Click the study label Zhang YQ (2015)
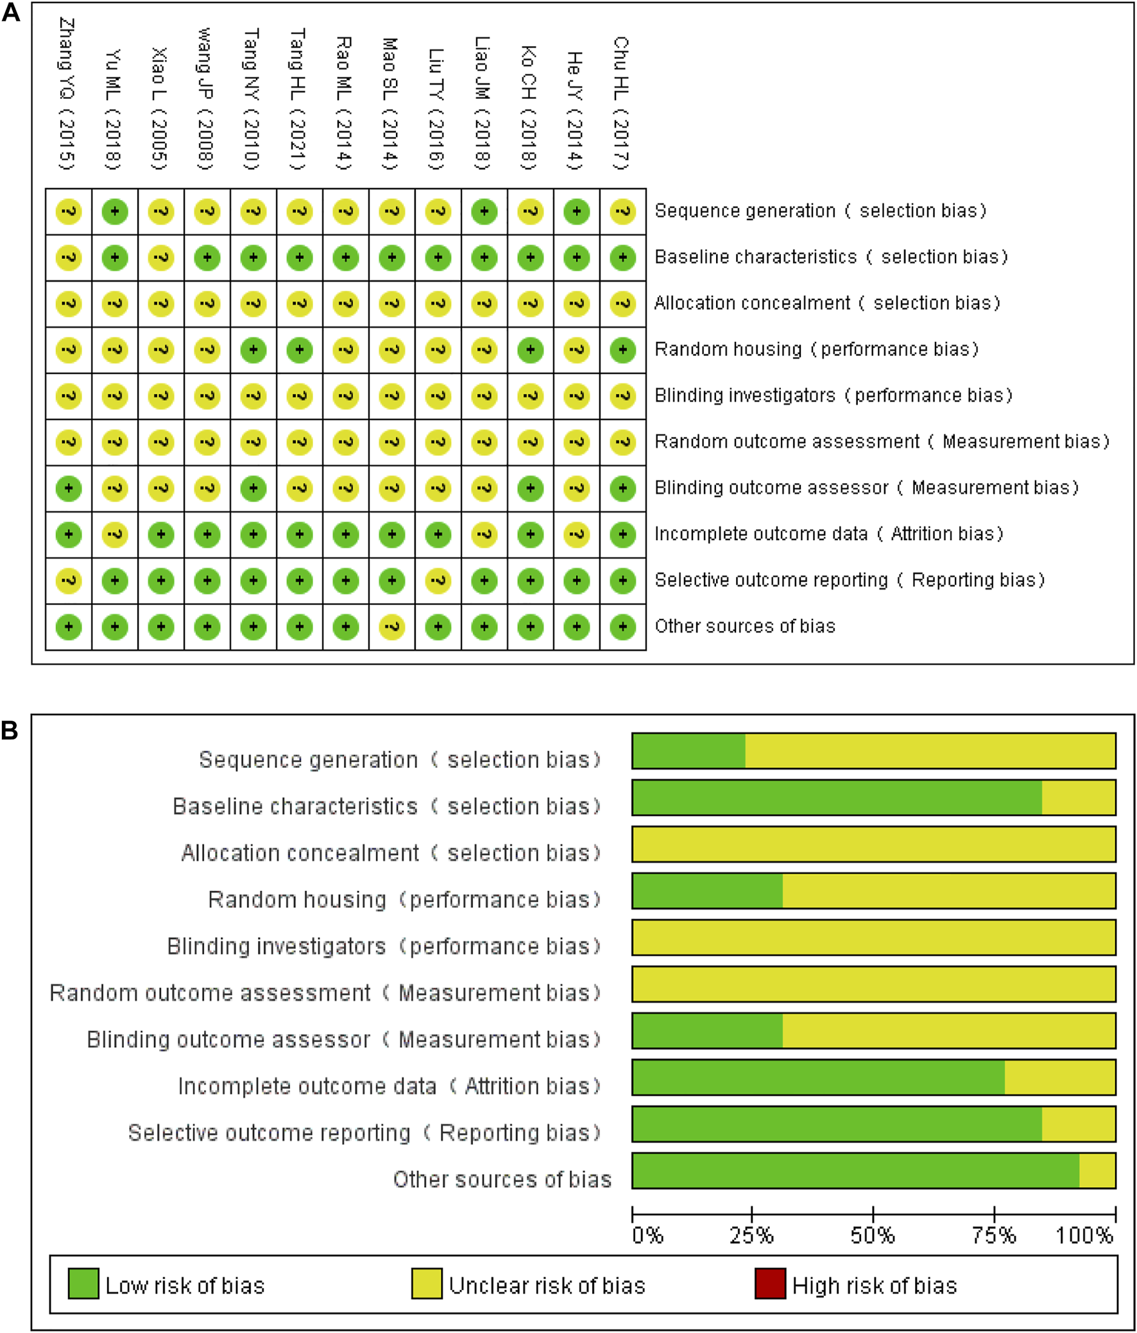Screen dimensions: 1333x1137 [67, 94]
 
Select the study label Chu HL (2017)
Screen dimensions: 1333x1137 [621, 103]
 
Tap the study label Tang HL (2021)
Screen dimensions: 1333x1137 [297, 99]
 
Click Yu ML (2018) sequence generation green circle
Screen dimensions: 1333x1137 [115, 212]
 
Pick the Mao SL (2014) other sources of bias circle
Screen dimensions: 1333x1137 [392, 627]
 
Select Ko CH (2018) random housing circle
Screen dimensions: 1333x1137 [530, 350]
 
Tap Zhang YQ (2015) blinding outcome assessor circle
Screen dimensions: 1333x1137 [69, 488]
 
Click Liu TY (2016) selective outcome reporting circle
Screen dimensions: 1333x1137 [438, 581]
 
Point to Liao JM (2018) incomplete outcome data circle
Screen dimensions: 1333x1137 [484, 534]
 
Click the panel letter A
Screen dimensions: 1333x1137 [11, 13]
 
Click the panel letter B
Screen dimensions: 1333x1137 [10, 730]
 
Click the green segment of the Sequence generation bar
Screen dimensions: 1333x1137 [688, 751]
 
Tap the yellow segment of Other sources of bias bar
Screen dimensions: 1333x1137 [1097, 1171]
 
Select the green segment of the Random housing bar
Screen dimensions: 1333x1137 [707, 891]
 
